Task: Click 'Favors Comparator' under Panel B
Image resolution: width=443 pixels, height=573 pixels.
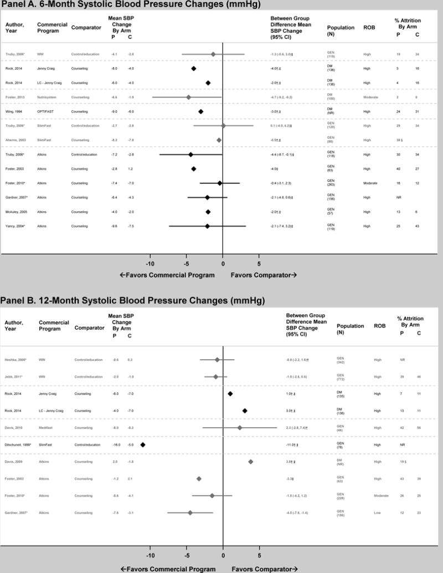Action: tap(264, 569)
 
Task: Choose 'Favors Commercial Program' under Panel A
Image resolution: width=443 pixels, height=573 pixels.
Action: tap(167, 275)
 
